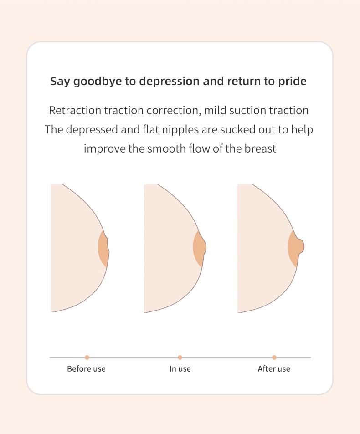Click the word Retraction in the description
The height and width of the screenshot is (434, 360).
[75, 111]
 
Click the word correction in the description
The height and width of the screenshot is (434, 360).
[173, 111]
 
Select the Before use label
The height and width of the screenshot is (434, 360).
[87, 369]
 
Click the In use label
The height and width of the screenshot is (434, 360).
[180, 369]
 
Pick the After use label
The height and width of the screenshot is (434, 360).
[274, 369]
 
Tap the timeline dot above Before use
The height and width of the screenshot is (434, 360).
[87, 357]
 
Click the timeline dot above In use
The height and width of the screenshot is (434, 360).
[180, 357]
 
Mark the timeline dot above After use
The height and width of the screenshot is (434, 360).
[274, 357]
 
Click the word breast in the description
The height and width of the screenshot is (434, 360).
[260, 148]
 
